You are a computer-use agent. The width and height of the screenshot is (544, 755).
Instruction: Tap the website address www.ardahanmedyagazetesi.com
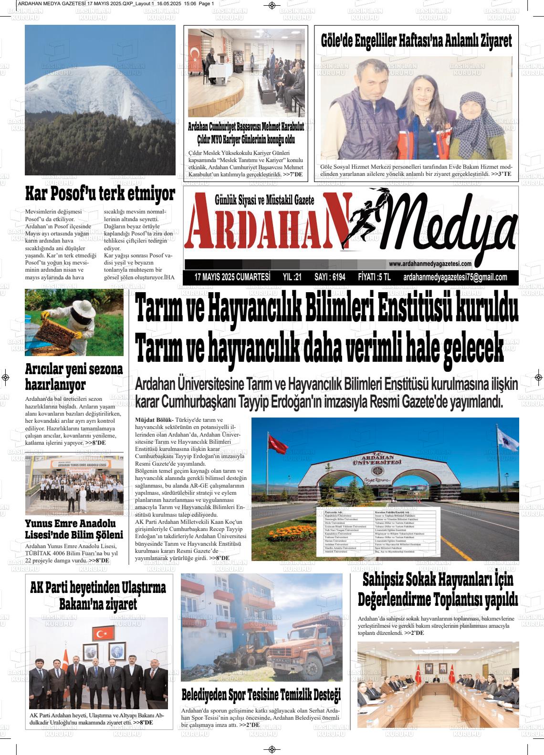pyautogui.click(x=430, y=264)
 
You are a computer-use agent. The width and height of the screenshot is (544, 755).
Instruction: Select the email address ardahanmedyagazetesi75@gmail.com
pyautogui.click(x=455, y=277)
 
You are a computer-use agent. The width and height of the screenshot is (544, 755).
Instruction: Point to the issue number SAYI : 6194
pyautogui.click(x=330, y=277)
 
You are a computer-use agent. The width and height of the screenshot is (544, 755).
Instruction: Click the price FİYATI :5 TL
pyautogui.click(x=374, y=277)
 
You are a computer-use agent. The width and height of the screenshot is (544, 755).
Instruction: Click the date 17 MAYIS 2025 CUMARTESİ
pyautogui.click(x=232, y=277)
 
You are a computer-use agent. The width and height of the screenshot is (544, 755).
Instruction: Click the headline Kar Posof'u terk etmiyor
pyautogui.click(x=100, y=194)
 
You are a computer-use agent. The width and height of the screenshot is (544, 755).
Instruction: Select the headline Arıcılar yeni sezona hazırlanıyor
pyautogui.click(x=74, y=377)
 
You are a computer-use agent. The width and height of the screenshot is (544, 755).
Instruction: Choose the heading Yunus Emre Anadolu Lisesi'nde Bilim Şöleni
pyautogui.click(x=74, y=529)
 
